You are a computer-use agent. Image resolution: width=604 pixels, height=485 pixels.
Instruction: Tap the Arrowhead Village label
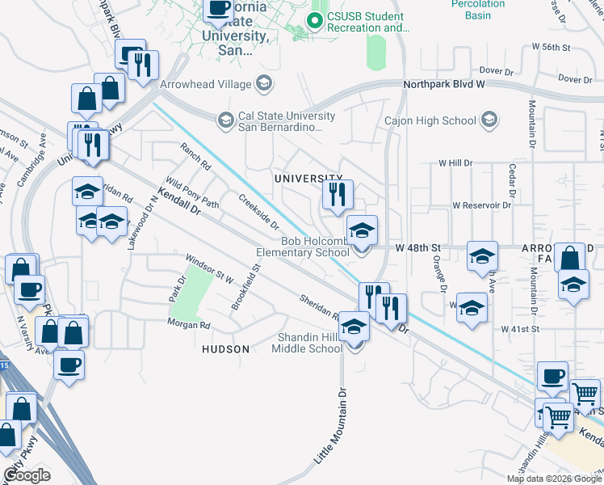(x=206, y=82)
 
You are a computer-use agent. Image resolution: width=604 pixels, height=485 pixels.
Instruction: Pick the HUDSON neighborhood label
(x=225, y=348)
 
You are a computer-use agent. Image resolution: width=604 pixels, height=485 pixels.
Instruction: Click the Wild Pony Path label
(x=192, y=193)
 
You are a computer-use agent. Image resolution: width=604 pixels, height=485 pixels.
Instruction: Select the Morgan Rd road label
(x=188, y=325)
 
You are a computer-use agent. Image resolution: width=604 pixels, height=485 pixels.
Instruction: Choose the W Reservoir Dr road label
(x=482, y=205)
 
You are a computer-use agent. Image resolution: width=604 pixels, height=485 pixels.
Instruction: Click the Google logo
(x=27, y=475)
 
